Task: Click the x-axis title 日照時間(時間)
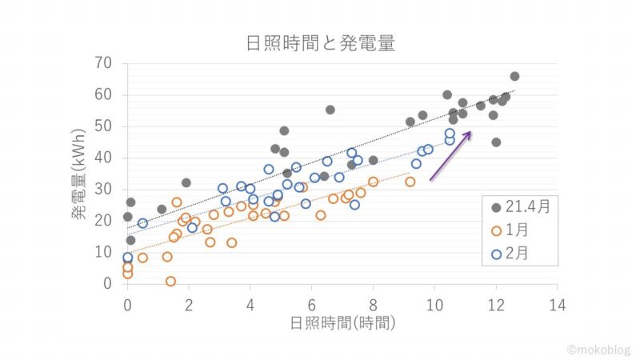[x=342, y=322]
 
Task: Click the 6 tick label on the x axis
[x=311, y=304]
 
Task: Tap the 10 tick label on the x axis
[x=434, y=304]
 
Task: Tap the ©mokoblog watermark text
[x=598, y=350]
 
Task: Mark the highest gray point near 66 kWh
[x=514, y=76]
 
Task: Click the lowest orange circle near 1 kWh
[x=170, y=281]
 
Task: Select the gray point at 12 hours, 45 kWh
[x=496, y=142]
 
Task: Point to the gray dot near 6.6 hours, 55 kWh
[x=330, y=110]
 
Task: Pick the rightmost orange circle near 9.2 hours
[x=410, y=182]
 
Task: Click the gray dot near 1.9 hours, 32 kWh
[x=186, y=182]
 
